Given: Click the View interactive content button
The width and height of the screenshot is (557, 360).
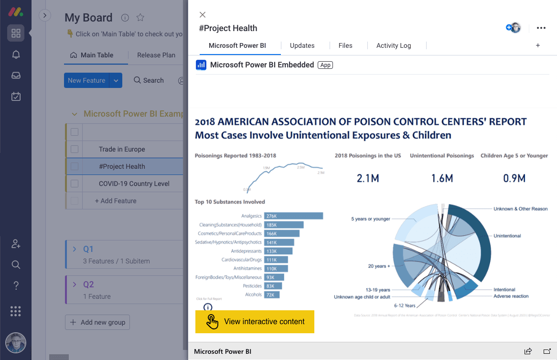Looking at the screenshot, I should pyautogui.click(x=255, y=322).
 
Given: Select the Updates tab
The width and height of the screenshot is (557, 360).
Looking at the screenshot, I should pyautogui.click(x=302, y=45).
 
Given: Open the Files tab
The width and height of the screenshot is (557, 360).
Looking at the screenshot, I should pyautogui.click(x=345, y=45).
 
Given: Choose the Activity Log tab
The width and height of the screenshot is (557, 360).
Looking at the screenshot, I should pyautogui.click(x=393, y=45).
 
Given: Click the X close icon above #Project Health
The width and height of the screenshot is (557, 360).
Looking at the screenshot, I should pyautogui.click(x=203, y=15).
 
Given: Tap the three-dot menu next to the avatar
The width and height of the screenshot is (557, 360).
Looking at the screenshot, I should pyautogui.click(x=541, y=28).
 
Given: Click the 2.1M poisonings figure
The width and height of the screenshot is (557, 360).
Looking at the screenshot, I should pyautogui.click(x=368, y=179).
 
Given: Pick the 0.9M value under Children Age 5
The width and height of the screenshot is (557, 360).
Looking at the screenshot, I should pyautogui.click(x=514, y=179).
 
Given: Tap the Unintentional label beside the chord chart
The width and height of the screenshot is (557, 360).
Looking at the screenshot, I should pyautogui.click(x=507, y=236).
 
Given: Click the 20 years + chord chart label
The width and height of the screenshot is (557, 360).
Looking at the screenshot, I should pyautogui.click(x=379, y=266).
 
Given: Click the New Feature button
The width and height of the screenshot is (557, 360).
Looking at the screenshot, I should pyautogui.click(x=86, y=80).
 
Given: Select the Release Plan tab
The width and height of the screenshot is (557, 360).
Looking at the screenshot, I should pyautogui.click(x=156, y=55).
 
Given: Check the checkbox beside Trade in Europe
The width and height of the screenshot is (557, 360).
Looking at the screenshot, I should pyautogui.click(x=75, y=149).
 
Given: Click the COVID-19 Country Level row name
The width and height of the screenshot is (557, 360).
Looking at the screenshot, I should pyautogui.click(x=134, y=184).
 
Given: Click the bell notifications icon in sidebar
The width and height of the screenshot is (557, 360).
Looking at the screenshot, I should pyautogui.click(x=16, y=55).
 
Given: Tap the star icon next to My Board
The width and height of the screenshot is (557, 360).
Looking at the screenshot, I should pyautogui.click(x=140, y=18).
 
